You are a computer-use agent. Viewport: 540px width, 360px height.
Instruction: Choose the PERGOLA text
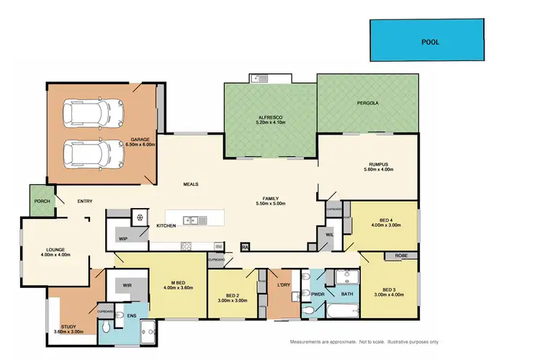pos(367,103)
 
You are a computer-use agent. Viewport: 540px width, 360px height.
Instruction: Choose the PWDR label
pos(318,294)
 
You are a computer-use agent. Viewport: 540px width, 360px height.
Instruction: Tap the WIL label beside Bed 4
pos(330,234)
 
